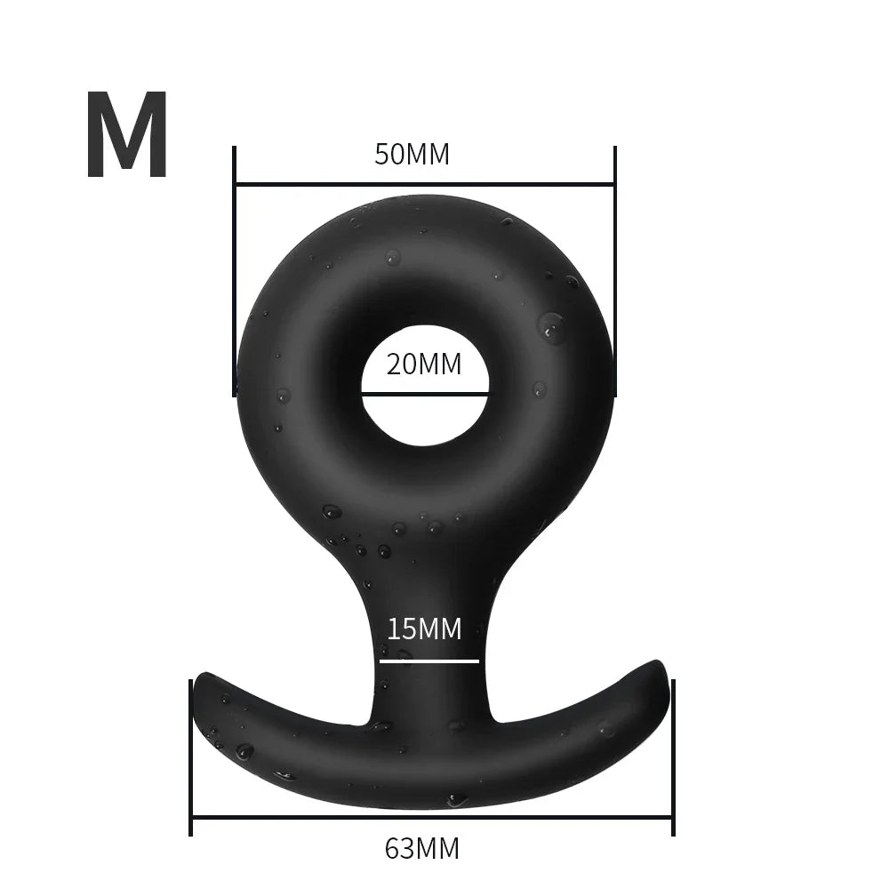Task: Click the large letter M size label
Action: [127, 136]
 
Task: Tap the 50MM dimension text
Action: [412, 155]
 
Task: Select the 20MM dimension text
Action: [424, 364]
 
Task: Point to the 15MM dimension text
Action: [424, 629]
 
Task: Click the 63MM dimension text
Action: [422, 849]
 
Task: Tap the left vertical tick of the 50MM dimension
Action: [234, 267]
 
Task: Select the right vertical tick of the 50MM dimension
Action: [614, 267]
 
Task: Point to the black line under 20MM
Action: [424, 392]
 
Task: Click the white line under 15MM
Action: [429, 661]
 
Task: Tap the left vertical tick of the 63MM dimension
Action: [191, 756]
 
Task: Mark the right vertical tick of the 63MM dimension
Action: [672, 756]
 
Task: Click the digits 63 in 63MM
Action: [400, 849]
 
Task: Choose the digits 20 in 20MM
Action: [402, 364]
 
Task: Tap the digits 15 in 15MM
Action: [400, 629]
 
